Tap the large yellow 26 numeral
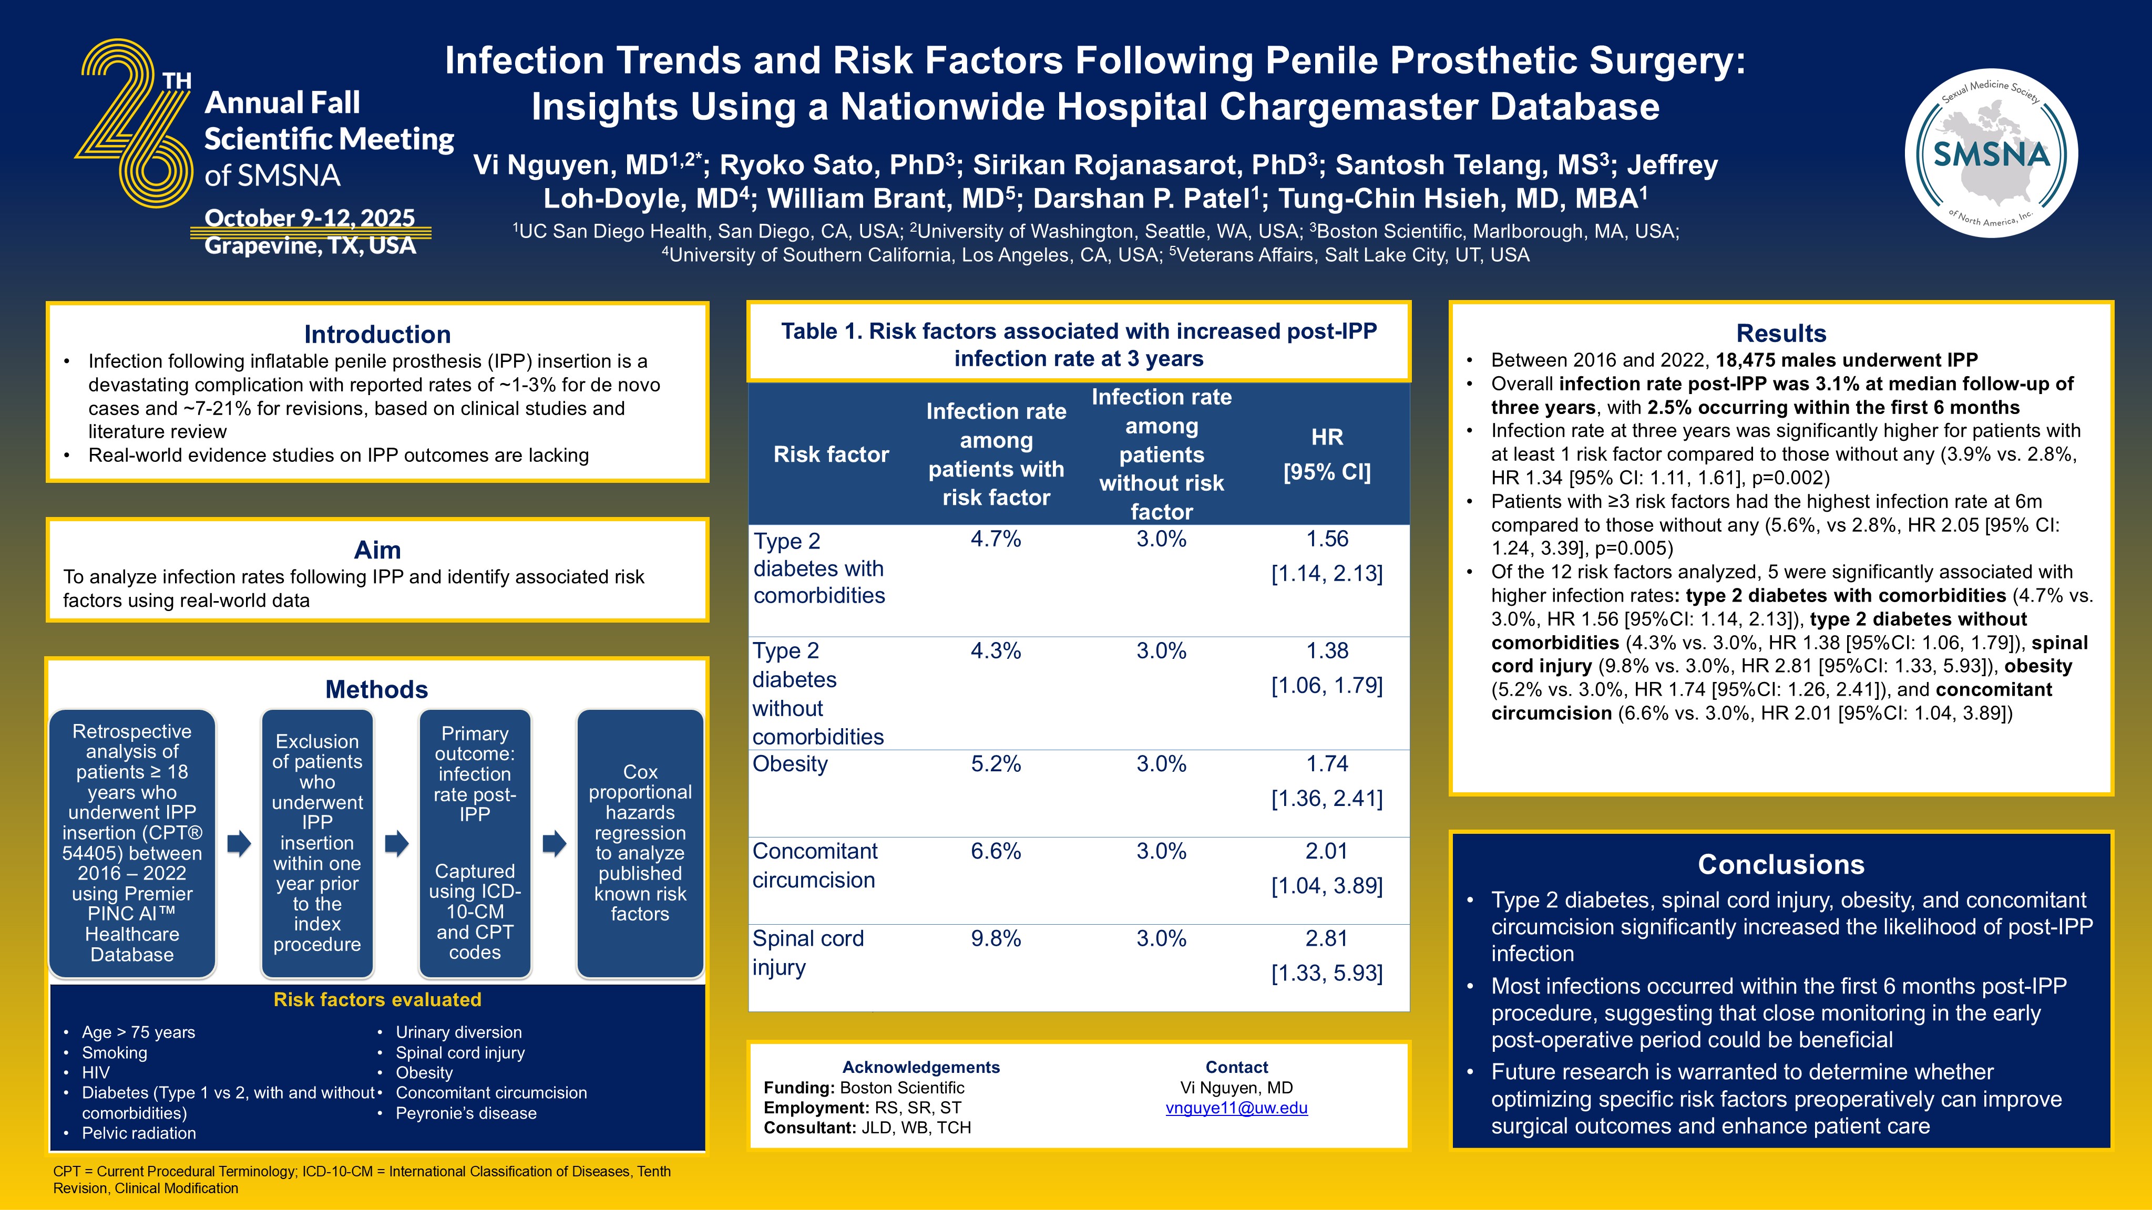point(135,123)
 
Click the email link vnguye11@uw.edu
point(1236,1108)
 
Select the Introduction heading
point(377,334)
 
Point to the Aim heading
point(377,550)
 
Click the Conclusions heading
point(1780,864)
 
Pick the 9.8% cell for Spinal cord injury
point(995,938)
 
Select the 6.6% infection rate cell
point(995,851)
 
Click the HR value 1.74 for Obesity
point(1327,763)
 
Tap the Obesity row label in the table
point(790,764)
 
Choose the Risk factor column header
point(831,454)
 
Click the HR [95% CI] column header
point(1327,454)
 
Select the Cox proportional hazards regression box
point(640,843)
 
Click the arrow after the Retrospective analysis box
point(239,843)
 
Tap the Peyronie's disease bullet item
point(465,1113)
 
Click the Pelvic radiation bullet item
point(139,1133)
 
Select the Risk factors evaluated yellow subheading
point(377,999)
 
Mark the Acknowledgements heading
point(920,1067)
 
